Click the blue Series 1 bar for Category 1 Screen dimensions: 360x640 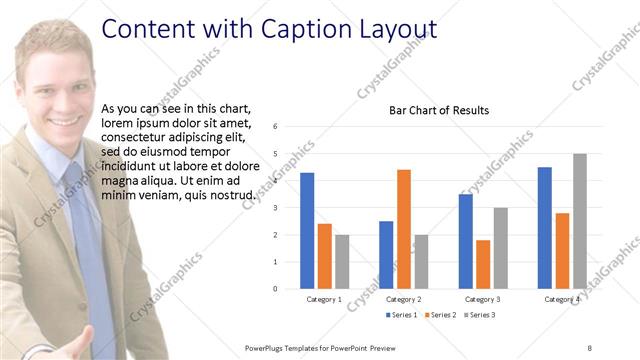(307, 231)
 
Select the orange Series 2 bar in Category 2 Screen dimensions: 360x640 (403, 229)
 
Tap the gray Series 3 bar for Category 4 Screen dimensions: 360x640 (580, 221)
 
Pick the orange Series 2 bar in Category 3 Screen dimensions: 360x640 (483, 264)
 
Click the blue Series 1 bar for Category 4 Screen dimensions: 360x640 (544, 228)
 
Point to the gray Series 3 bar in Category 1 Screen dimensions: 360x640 (342, 262)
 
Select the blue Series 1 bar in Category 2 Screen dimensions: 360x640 (386, 255)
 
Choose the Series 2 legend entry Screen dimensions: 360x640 (441, 315)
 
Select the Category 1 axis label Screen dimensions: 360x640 (324, 299)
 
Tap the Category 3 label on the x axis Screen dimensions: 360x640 (483, 299)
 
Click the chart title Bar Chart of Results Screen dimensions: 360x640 (439, 110)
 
